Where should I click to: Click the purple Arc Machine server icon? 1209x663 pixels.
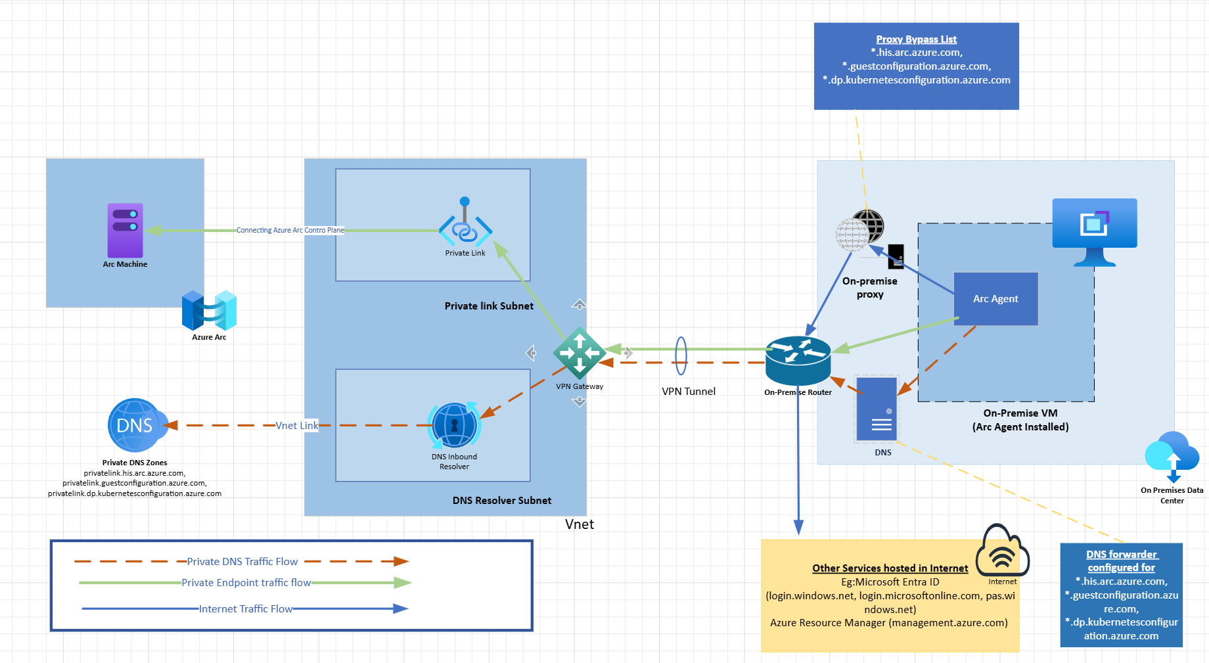point(125,230)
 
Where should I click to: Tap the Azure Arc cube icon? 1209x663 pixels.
point(209,310)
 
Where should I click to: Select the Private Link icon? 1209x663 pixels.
point(465,223)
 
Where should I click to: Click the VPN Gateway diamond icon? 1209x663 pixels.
point(579,353)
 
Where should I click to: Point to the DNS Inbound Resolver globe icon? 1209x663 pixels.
point(454,425)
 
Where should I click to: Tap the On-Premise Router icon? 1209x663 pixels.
point(798,360)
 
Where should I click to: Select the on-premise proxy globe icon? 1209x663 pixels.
point(861,230)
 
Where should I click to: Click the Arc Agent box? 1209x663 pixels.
point(995,299)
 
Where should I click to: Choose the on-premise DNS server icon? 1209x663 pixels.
point(877,409)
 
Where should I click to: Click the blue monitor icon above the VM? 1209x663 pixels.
point(1094,230)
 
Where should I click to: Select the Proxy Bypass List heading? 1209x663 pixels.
point(916,39)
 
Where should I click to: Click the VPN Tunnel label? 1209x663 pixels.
point(689,392)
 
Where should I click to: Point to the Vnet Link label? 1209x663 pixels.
point(296,426)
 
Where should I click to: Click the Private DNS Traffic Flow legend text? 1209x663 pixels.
point(242,562)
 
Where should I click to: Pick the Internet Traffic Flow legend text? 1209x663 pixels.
point(245,609)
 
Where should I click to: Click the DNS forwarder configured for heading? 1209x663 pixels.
point(1121,561)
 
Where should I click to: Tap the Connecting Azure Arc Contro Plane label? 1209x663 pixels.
point(290,231)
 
